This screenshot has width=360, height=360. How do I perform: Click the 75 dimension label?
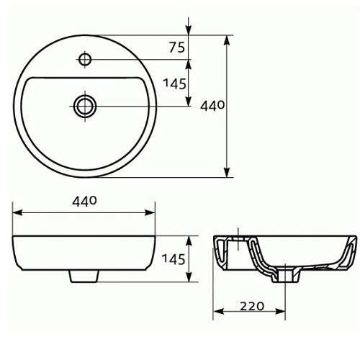coord(177,47)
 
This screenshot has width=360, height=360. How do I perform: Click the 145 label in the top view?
coord(174,84)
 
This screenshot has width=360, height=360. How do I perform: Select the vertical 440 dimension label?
coord(212,106)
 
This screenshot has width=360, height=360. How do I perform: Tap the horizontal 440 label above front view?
coord(84,201)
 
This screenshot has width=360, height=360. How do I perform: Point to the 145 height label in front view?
coord(174,259)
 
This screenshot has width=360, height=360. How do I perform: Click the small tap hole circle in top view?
coord(85,59)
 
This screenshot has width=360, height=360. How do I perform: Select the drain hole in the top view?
coord(85,106)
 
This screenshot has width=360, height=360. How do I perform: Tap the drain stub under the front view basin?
coord(84,276)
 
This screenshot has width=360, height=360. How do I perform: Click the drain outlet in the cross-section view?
coord(286,276)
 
